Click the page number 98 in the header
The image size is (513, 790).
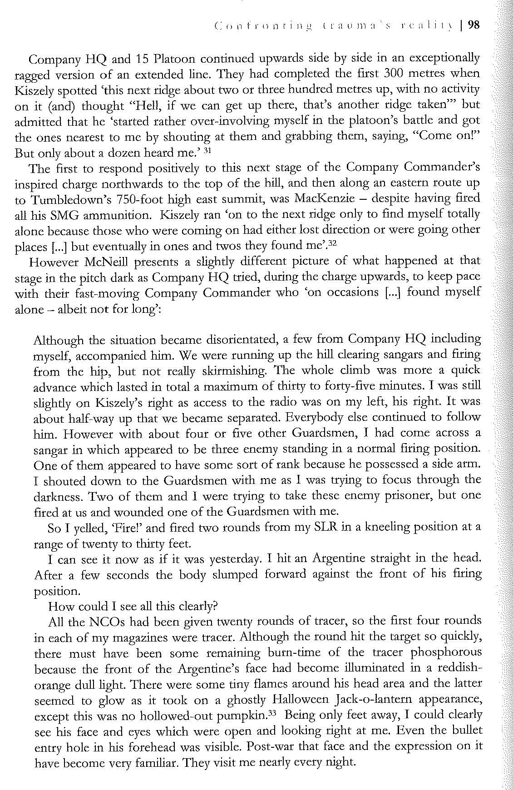coord(473,25)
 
